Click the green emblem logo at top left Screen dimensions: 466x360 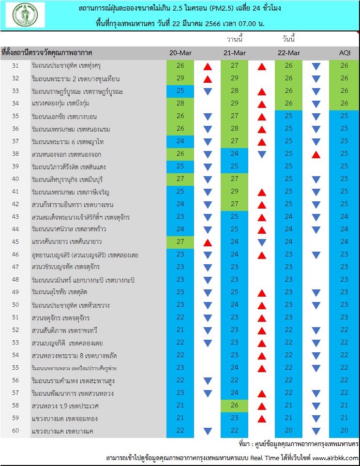point(25,15)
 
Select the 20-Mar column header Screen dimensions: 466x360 point(180,53)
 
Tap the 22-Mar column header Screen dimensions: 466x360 point(289,53)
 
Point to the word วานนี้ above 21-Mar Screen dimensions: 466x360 point(235,39)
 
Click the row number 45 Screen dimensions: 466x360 point(15,241)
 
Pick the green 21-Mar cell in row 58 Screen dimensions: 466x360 point(235,405)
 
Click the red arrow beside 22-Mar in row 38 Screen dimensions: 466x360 point(316,154)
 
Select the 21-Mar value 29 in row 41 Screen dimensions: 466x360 point(235,192)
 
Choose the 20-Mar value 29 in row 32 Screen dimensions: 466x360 point(180,78)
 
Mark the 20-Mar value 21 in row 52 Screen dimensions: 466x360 point(180,330)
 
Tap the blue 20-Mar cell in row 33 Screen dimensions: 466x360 point(180,91)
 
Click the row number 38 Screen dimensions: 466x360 point(15,154)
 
